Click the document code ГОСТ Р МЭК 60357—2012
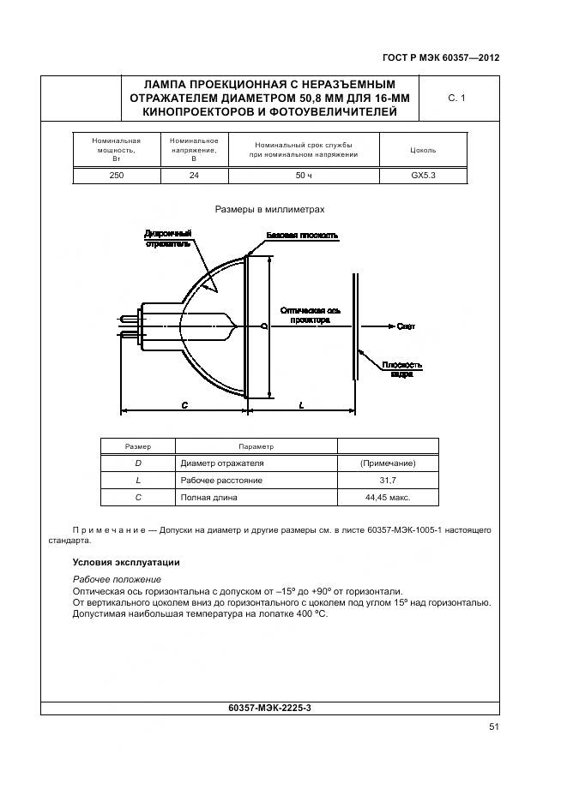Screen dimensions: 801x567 440,58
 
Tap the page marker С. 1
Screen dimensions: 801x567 456,99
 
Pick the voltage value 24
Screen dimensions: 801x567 194,175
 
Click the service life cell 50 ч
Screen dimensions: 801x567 304,175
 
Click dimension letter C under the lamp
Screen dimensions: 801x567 184,405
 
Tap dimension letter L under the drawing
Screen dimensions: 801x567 302,405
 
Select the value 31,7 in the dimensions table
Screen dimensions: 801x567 388,481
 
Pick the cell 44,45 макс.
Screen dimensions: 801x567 388,497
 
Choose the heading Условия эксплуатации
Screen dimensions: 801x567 125,563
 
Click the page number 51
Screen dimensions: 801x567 493,726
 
